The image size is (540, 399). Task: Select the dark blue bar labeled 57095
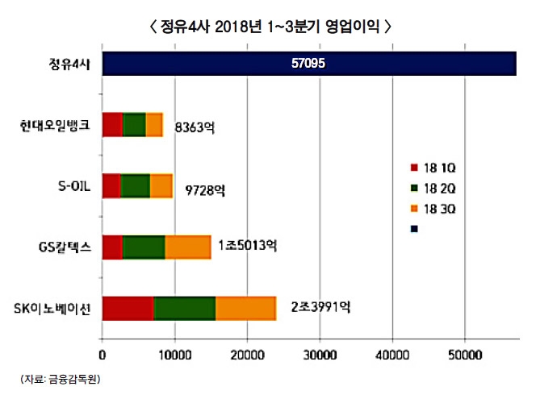point(308,64)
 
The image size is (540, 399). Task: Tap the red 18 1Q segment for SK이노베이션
point(128,308)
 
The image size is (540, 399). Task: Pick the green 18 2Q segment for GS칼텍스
point(144,247)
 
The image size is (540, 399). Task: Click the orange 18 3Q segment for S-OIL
point(161,186)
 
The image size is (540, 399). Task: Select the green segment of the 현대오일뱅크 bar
point(134,125)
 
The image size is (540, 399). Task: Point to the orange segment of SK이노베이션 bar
point(245,308)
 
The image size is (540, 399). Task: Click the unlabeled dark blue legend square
point(414,228)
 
